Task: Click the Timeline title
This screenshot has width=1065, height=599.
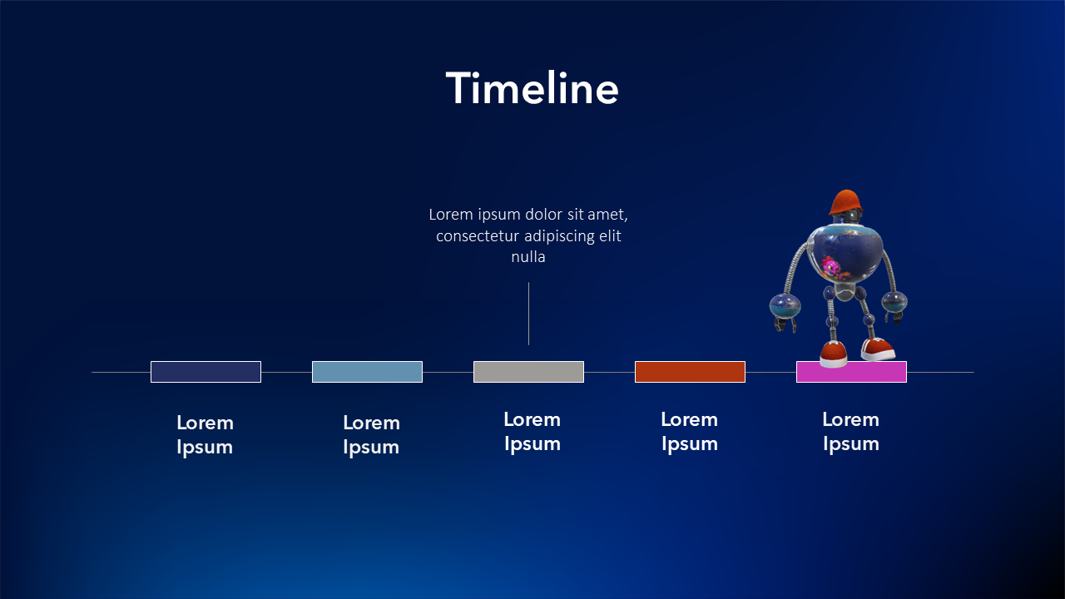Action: click(x=532, y=88)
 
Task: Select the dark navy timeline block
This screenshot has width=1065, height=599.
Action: click(x=206, y=372)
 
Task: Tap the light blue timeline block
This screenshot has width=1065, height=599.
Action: click(x=367, y=372)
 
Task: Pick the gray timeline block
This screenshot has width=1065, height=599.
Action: click(x=528, y=372)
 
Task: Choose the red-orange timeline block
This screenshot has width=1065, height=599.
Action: click(x=690, y=372)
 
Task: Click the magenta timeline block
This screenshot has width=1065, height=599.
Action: click(x=851, y=372)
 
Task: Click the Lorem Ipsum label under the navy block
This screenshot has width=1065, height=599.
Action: click(x=205, y=435)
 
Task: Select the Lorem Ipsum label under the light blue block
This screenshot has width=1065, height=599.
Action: click(x=371, y=435)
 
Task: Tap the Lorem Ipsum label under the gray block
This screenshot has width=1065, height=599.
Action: click(x=532, y=432)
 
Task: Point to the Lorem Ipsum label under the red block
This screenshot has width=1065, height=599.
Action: click(x=690, y=432)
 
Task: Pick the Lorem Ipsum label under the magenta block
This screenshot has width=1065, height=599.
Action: click(x=851, y=432)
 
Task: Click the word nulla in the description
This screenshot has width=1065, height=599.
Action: click(x=528, y=257)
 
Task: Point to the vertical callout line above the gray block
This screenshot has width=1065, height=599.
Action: click(x=528, y=314)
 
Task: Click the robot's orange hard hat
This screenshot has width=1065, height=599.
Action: click(x=845, y=202)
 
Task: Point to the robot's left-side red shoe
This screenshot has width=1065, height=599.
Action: click(x=834, y=354)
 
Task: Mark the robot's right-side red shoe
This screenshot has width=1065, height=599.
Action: click(x=878, y=349)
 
